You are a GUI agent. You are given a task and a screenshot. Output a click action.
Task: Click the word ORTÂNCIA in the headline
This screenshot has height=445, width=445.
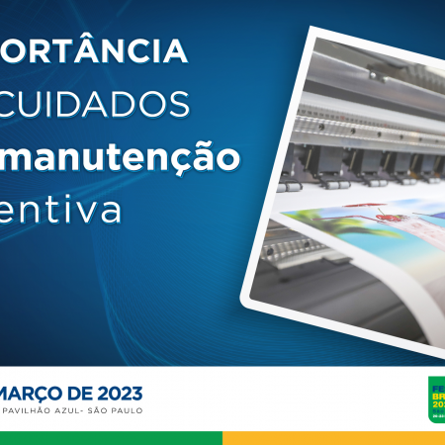click(93, 50)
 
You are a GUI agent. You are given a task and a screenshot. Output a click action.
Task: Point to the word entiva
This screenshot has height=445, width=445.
click(63, 209)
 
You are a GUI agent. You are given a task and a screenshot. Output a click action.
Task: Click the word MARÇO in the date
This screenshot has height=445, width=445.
click(37, 389)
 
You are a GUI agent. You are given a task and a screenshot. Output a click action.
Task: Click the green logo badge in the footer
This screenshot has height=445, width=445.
click(435, 398)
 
